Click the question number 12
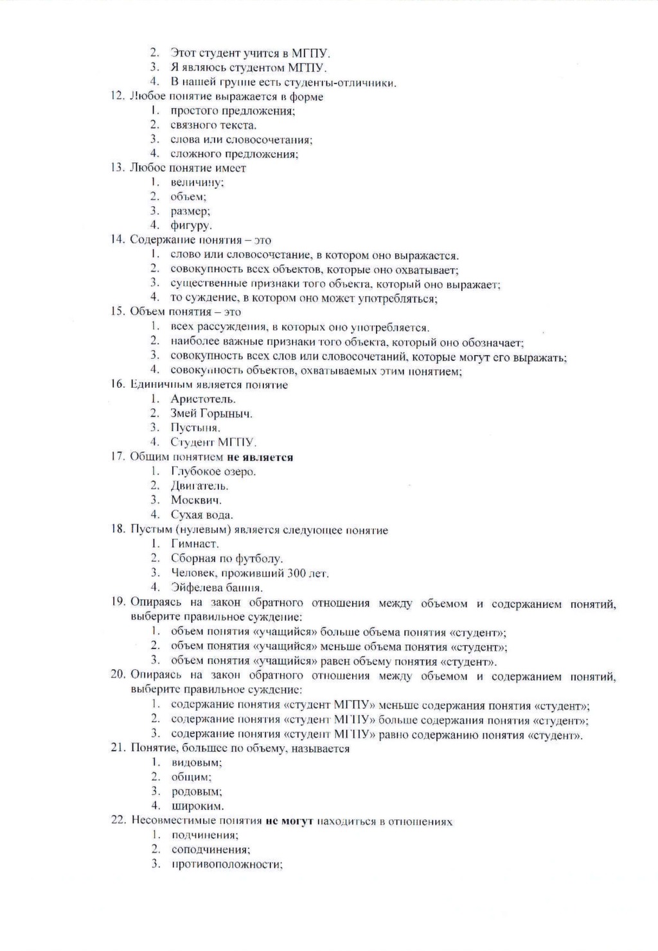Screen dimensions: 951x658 pyautogui.click(x=117, y=97)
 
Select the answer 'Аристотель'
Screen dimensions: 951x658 pyautogui.click(x=199, y=399)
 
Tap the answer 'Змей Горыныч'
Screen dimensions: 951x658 pyautogui.click(x=211, y=414)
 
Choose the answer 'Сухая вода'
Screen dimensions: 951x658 pyautogui.click(x=202, y=514)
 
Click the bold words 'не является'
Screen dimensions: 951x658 pyautogui.click(x=260, y=457)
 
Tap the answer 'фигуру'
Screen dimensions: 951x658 pyautogui.click(x=191, y=225)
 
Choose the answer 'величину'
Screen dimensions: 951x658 pyautogui.click(x=197, y=182)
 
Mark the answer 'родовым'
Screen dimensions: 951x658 pyautogui.click(x=197, y=792)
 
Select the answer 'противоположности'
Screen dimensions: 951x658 pyautogui.click(x=227, y=864)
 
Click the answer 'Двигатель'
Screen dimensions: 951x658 pyautogui.click(x=199, y=485)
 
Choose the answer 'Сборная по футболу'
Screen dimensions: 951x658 pyautogui.click(x=226, y=559)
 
